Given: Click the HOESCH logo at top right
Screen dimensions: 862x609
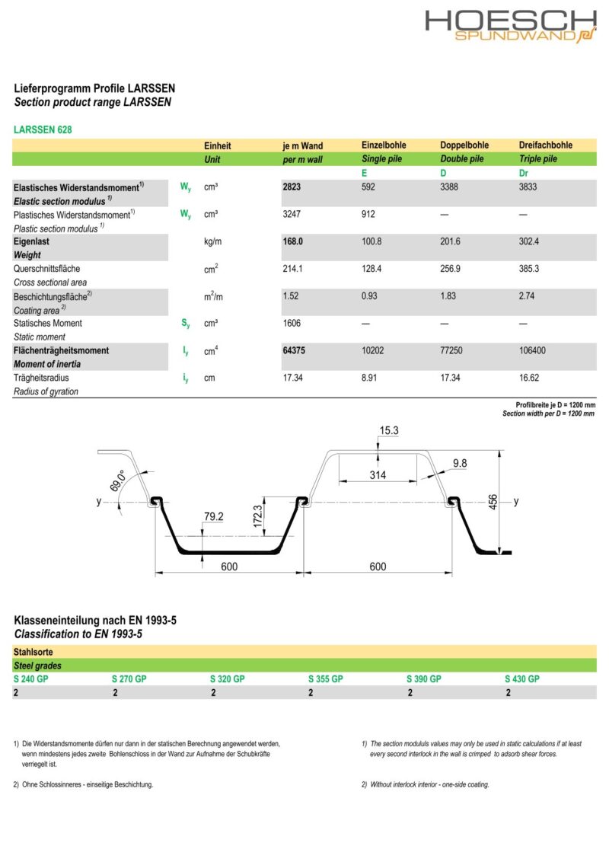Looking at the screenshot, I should pyautogui.click(x=510, y=26).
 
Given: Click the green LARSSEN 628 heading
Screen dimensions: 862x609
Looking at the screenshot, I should pyautogui.click(x=43, y=130).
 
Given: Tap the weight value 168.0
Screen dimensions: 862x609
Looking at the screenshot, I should pyautogui.click(x=293, y=241).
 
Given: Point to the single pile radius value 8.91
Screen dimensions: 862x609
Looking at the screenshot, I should pyautogui.click(x=370, y=378).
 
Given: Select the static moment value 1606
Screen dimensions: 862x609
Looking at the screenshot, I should pyautogui.click(x=292, y=323).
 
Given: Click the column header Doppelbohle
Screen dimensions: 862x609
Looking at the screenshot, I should pyautogui.click(x=464, y=145).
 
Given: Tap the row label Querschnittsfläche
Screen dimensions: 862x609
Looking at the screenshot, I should pyautogui.click(x=46, y=269).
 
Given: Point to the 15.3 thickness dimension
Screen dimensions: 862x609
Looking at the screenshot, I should pyautogui.click(x=389, y=431).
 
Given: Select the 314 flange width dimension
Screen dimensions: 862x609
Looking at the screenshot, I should pyautogui.click(x=378, y=475).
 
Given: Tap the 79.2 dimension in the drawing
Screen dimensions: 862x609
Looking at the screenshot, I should pyautogui.click(x=214, y=517).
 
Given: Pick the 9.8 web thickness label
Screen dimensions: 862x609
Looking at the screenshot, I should pyautogui.click(x=460, y=463).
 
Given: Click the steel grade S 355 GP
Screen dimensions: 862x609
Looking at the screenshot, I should pyautogui.click(x=326, y=678).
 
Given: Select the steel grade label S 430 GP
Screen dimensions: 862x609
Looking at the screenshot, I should pyautogui.click(x=522, y=678).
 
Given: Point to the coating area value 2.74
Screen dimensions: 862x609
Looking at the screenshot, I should pyautogui.click(x=527, y=295).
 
